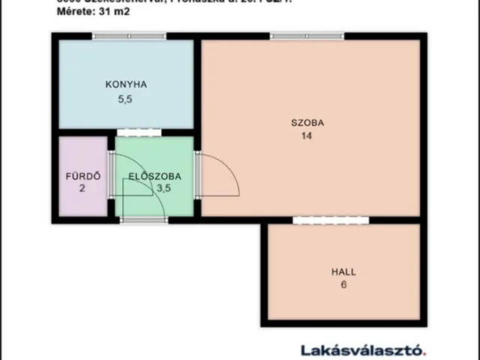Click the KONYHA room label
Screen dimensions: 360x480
click(x=125, y=85)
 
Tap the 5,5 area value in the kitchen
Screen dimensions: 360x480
click(x=125, y=98)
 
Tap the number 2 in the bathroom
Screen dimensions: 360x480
click(x=82, y=189)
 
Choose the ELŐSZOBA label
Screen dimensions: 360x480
click(x=154, y=177)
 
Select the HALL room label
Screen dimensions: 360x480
click(x=343, y=271)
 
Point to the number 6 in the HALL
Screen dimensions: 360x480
click(x=343, y=285)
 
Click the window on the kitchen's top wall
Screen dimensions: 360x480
click(x=128, y=36)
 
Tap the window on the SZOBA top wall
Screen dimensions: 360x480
click(x=303, y=36)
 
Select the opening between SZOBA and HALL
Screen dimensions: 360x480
click(x=321, y=220)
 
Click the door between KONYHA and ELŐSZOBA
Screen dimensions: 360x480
click(x=139, y=133)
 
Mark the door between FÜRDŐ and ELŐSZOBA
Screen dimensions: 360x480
click(x=111, y=174)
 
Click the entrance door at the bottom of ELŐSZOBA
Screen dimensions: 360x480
click(x=144, y=220)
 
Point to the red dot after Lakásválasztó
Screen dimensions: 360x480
click(x=425, y=352)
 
